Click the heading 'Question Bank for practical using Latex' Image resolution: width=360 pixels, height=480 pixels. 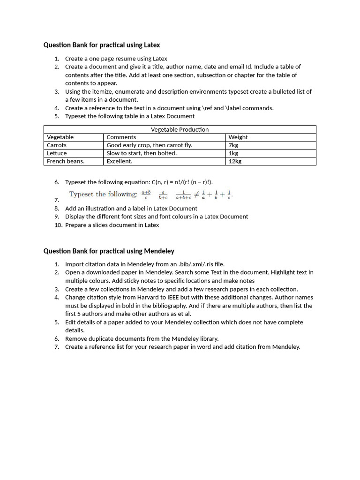(x=102, y=45)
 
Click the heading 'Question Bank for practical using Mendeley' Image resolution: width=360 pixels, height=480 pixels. (x=109, y=251)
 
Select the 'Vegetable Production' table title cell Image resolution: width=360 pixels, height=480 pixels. (x=180, y=129)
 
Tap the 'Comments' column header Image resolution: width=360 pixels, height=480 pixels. (x=121, y=137)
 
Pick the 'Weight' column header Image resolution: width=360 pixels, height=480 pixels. (x=238, y=137)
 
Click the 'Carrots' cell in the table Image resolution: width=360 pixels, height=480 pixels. (x=57, y=145)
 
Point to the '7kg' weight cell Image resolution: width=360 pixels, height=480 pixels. (x=233, y=145)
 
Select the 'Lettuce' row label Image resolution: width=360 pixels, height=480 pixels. (x=57, y=153)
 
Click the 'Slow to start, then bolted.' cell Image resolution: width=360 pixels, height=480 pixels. (x=142, y=153)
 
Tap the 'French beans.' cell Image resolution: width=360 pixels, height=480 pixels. (x=66, y=161)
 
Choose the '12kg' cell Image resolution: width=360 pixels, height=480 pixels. (x=235, y=161)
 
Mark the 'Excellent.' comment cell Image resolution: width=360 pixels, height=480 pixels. (x=120, y=161)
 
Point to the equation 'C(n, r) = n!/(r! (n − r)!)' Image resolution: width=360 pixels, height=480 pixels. (x=179, y=182)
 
